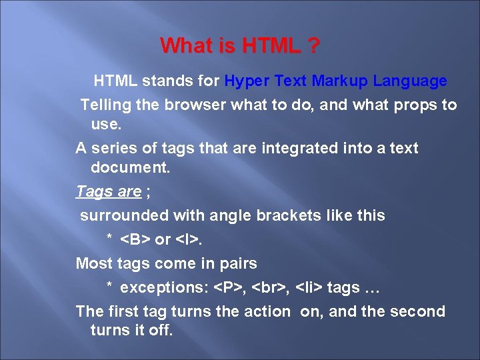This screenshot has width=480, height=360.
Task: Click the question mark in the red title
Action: pos(313,46)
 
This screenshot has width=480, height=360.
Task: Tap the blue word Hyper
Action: pos(247,81)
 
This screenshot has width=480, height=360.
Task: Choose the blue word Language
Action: pos(410,81)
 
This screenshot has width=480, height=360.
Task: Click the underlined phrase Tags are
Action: pos(109,192)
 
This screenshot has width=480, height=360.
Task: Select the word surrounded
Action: pos(124,215)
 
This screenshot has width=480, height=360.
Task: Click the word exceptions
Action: pos(163,288)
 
